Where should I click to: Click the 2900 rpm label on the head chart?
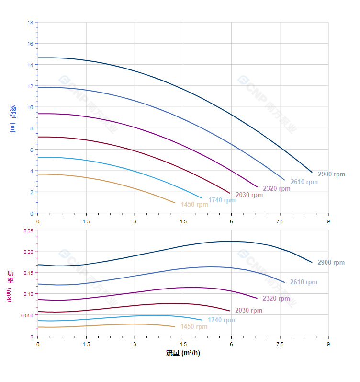click(331, 174)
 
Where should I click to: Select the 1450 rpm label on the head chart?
click(194, 204)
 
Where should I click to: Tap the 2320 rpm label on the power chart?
click(276, 298)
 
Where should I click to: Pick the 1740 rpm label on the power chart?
click(222, 320)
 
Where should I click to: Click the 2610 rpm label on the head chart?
click(304, 182)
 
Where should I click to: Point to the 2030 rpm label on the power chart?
click(249, 310)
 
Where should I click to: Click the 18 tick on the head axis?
click(30, 23)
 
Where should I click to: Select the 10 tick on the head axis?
click(30, 107)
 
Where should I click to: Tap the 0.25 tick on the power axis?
click(28, 231)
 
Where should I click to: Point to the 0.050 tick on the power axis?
click(27, 315)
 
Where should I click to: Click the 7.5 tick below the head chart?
click(280, 221)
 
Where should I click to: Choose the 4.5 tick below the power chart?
click(183, 344)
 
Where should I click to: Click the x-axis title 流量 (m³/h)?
click(183, 353)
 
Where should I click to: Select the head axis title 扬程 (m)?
click(13, 118)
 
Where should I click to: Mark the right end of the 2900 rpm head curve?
click(312, 172)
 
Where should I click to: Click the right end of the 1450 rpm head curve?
click(175, 203)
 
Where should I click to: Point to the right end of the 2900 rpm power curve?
click(312, 262)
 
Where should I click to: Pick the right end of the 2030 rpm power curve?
click(230, 311)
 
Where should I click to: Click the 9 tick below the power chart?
click(328, 344)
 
